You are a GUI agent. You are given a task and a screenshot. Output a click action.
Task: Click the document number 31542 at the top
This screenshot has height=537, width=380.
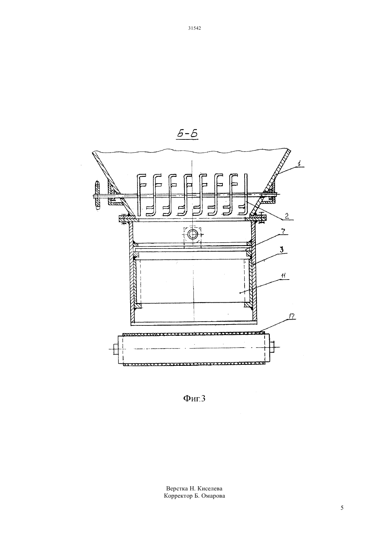(194, 28)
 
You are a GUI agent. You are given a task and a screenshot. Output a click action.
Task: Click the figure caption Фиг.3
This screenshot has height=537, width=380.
(194, 398)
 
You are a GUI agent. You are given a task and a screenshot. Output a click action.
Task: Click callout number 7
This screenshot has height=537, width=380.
(283, 232)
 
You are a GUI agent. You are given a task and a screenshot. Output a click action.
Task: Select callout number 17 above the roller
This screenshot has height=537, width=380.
(292, 316)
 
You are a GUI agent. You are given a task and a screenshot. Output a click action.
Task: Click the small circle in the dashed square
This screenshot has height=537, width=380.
(192, 234)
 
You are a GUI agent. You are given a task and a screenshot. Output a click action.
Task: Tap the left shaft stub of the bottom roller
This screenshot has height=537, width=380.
(115, 349)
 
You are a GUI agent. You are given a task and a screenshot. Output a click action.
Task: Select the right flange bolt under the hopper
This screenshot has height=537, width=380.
(262, 218)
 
